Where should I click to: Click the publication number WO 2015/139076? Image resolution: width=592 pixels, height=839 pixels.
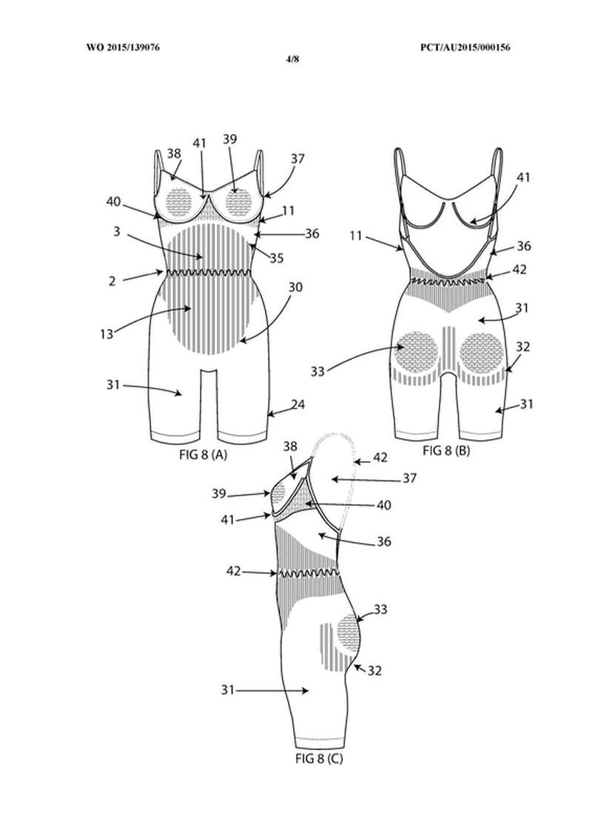[123, 47]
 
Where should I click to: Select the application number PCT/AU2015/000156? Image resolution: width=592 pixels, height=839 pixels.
[465, 47]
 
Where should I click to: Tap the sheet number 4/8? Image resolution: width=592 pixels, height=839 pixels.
[292, 59]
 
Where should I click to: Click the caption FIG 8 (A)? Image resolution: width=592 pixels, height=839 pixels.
[203, 455]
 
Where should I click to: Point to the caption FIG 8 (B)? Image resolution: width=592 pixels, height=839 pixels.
[446, 450]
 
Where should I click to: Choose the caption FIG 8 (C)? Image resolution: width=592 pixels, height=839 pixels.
[319, 758]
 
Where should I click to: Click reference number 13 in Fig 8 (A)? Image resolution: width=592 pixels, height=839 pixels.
[107, 334]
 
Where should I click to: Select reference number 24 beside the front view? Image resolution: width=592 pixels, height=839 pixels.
[298, 404]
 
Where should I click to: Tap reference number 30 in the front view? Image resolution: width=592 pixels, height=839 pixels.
[295, 287]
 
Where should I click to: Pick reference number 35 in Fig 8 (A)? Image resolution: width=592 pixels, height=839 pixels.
[276, 258]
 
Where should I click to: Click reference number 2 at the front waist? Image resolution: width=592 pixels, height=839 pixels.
[112, 281]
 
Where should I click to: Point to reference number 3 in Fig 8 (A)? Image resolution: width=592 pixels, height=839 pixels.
[117, 232]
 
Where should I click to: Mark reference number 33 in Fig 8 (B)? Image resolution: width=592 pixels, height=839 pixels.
[317, 371]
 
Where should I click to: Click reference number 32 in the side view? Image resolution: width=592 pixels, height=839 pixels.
[375, 670]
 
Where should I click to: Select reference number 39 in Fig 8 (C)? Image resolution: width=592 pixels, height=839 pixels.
[219, 493]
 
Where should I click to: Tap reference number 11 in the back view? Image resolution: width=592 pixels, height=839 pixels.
[356, 235]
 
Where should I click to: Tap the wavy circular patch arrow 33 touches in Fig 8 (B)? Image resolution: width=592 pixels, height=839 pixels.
[419, 351]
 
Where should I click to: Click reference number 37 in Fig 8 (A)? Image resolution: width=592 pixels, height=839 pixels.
[298, 159]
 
